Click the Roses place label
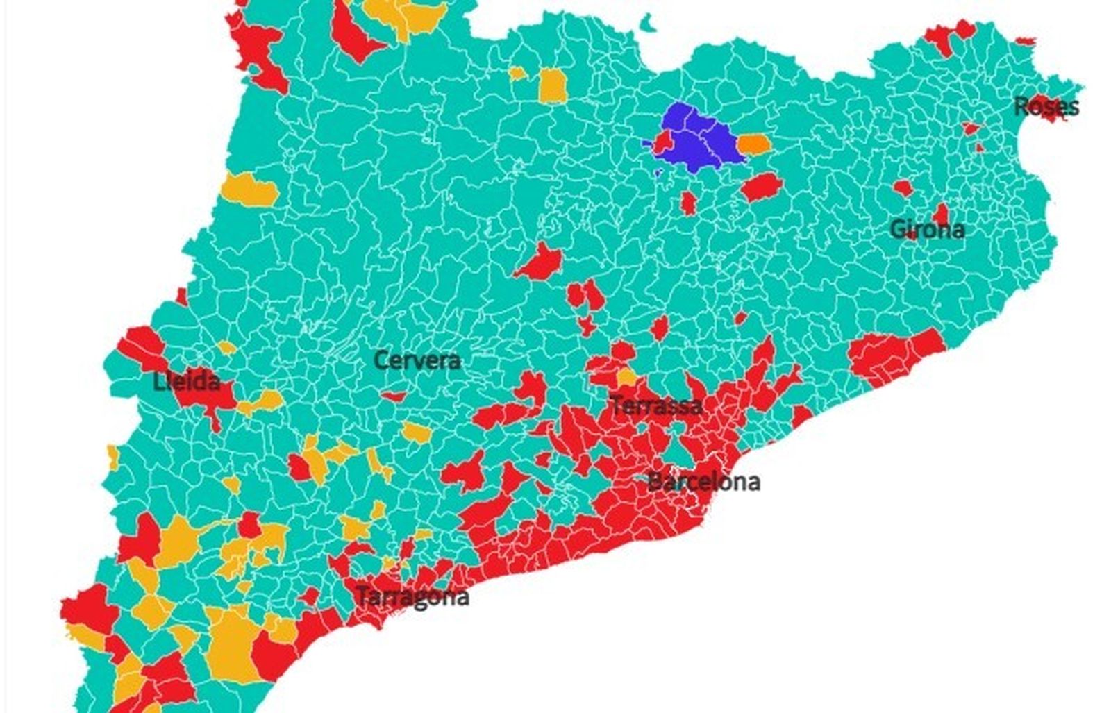[x=1046, y=107]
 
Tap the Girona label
[x=927, y=229]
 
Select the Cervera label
[x=417, y=360]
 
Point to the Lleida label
[x=187, y=381]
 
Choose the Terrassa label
[x=655, y=405]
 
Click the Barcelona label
[x=703, y=481]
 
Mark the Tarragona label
[x=412, y=596]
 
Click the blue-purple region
[x=698, y=139]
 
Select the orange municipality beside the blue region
[x=753, y=144]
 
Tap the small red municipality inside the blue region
[x=663, y=142]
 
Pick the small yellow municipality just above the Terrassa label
[x=626, y=378]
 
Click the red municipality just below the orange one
[x=762, y=187]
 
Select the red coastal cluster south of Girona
[x=896, y=355]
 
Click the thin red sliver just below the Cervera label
[x=394, y=396]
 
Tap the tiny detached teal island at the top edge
[x=649, y=24]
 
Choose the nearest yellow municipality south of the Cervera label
[x=417, y=433]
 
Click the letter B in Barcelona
[x=654, y=481]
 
